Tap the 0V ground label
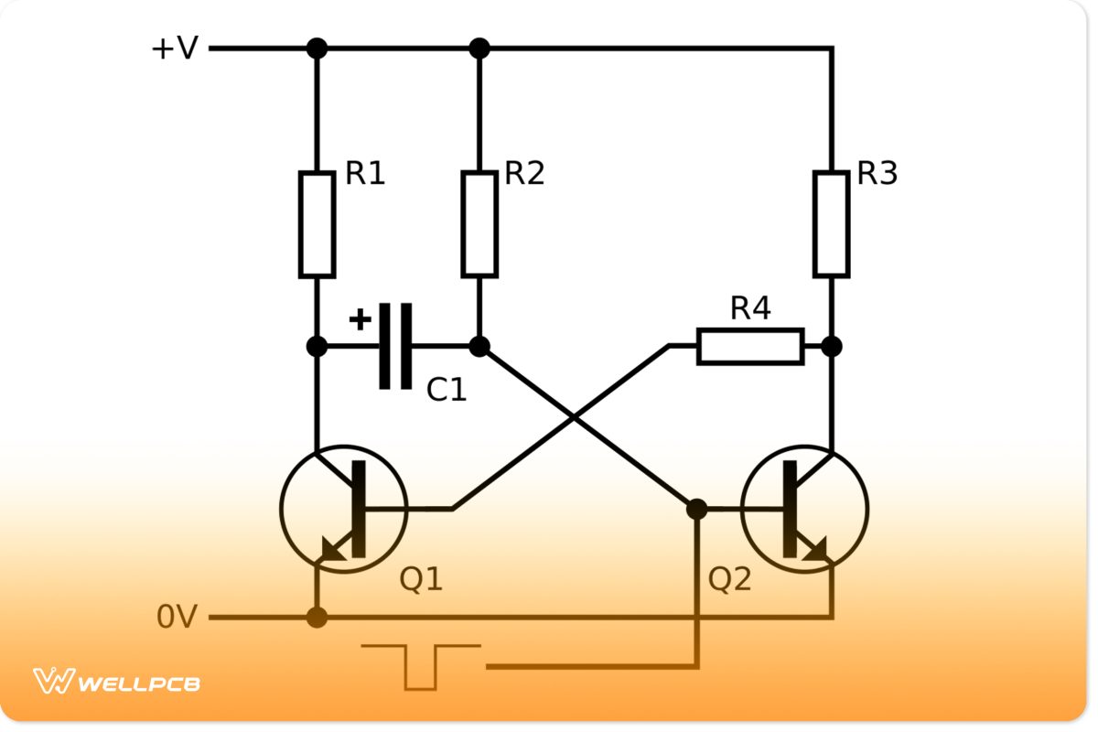coord(177,618)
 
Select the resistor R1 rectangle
coord(317,224)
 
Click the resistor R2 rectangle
coord(479,224)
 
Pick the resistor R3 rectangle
coord(831,224)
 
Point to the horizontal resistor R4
coord(750,347)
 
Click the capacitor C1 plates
coord(395,346)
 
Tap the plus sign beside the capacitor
coord(361,319)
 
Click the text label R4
coord(750,309)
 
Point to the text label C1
coord(447,391)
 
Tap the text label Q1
coord(421,578)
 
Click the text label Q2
coord(729,578)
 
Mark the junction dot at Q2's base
coord(696,509)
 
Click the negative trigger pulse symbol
coord(421,665)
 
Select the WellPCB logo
coord(116,682)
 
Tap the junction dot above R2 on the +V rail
coord(479,48)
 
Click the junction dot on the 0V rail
coord(317,618)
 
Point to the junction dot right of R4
coord(831,347)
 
